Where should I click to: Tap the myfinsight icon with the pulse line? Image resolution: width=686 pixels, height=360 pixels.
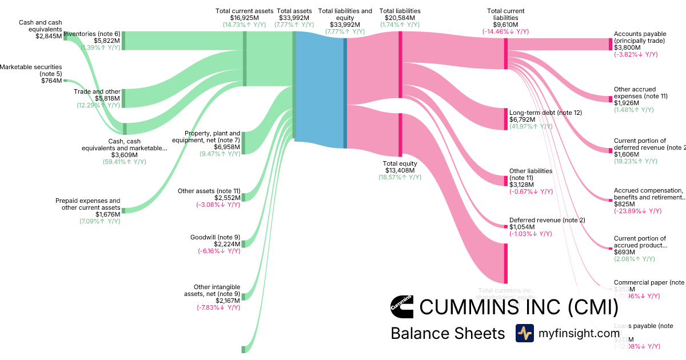[x=524, y=333]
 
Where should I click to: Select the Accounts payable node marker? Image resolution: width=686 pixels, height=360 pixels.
[x=611, y=45]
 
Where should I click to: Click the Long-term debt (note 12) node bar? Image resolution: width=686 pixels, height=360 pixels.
[x=505, y=119]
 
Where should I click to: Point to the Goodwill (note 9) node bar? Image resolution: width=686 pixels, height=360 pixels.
[x=243, y=244]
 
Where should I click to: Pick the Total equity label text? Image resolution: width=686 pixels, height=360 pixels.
[x=400, y=163]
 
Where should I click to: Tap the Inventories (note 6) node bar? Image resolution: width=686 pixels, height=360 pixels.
[x=123, y=41]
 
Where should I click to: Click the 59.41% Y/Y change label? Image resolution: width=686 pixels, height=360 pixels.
[x=124, y=162]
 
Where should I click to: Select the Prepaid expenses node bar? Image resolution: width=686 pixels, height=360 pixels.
[x=123, y=211]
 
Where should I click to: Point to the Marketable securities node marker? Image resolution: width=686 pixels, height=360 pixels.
[x=65, y=81]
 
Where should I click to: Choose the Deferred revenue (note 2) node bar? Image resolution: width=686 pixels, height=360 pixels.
[x=505, y=226]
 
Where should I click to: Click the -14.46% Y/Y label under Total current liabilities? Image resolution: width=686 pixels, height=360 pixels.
[x=505, y=32]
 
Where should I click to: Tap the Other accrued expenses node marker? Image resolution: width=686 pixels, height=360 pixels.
[x=611, y=99]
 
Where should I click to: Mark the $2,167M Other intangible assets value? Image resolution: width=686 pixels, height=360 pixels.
[x=228, y=301]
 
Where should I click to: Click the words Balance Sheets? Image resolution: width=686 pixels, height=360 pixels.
[x=448, y=334]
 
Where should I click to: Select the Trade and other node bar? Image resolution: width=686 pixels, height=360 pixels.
[x=123, y=98]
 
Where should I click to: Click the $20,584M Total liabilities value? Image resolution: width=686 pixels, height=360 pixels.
[x=400, y=18]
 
